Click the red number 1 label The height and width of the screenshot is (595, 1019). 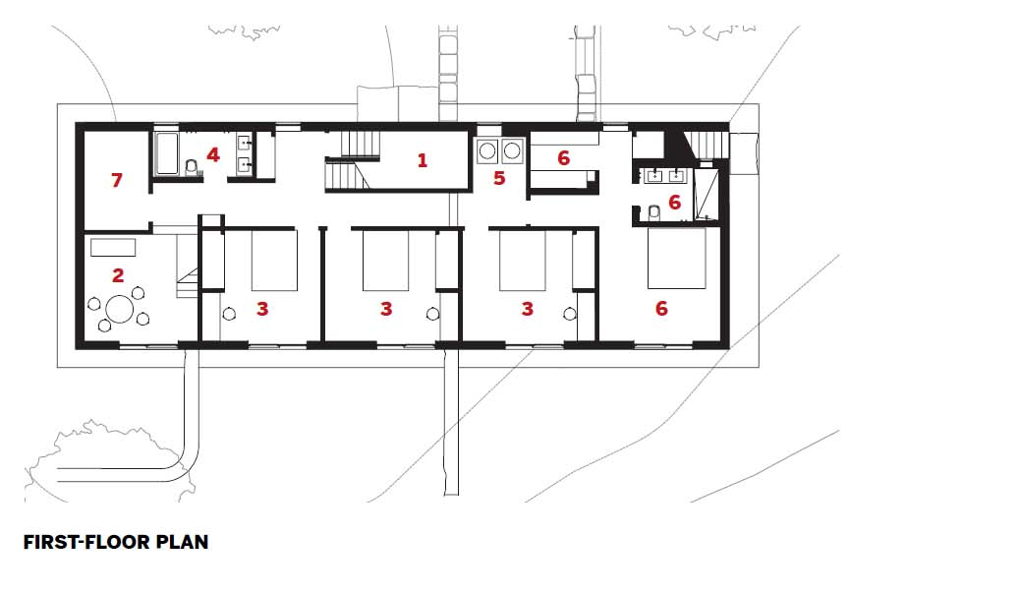423,160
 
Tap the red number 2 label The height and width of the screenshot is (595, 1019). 118,275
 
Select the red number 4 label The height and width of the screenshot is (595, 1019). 213,154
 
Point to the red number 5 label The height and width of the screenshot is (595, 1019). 499,178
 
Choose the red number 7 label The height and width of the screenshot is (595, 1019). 117,179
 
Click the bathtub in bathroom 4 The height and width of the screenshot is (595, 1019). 168,154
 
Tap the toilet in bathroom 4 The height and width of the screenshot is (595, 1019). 192,168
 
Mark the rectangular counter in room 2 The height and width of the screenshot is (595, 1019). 113,248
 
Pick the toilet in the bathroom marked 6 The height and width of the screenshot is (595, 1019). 653,211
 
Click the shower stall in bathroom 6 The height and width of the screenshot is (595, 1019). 706,195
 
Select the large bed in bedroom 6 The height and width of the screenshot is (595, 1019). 676,258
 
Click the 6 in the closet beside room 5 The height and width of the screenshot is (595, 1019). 563,158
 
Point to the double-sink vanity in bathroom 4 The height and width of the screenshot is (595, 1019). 245,154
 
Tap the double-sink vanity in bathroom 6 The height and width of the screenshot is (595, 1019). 664,176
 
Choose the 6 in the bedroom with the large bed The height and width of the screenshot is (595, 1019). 661,308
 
